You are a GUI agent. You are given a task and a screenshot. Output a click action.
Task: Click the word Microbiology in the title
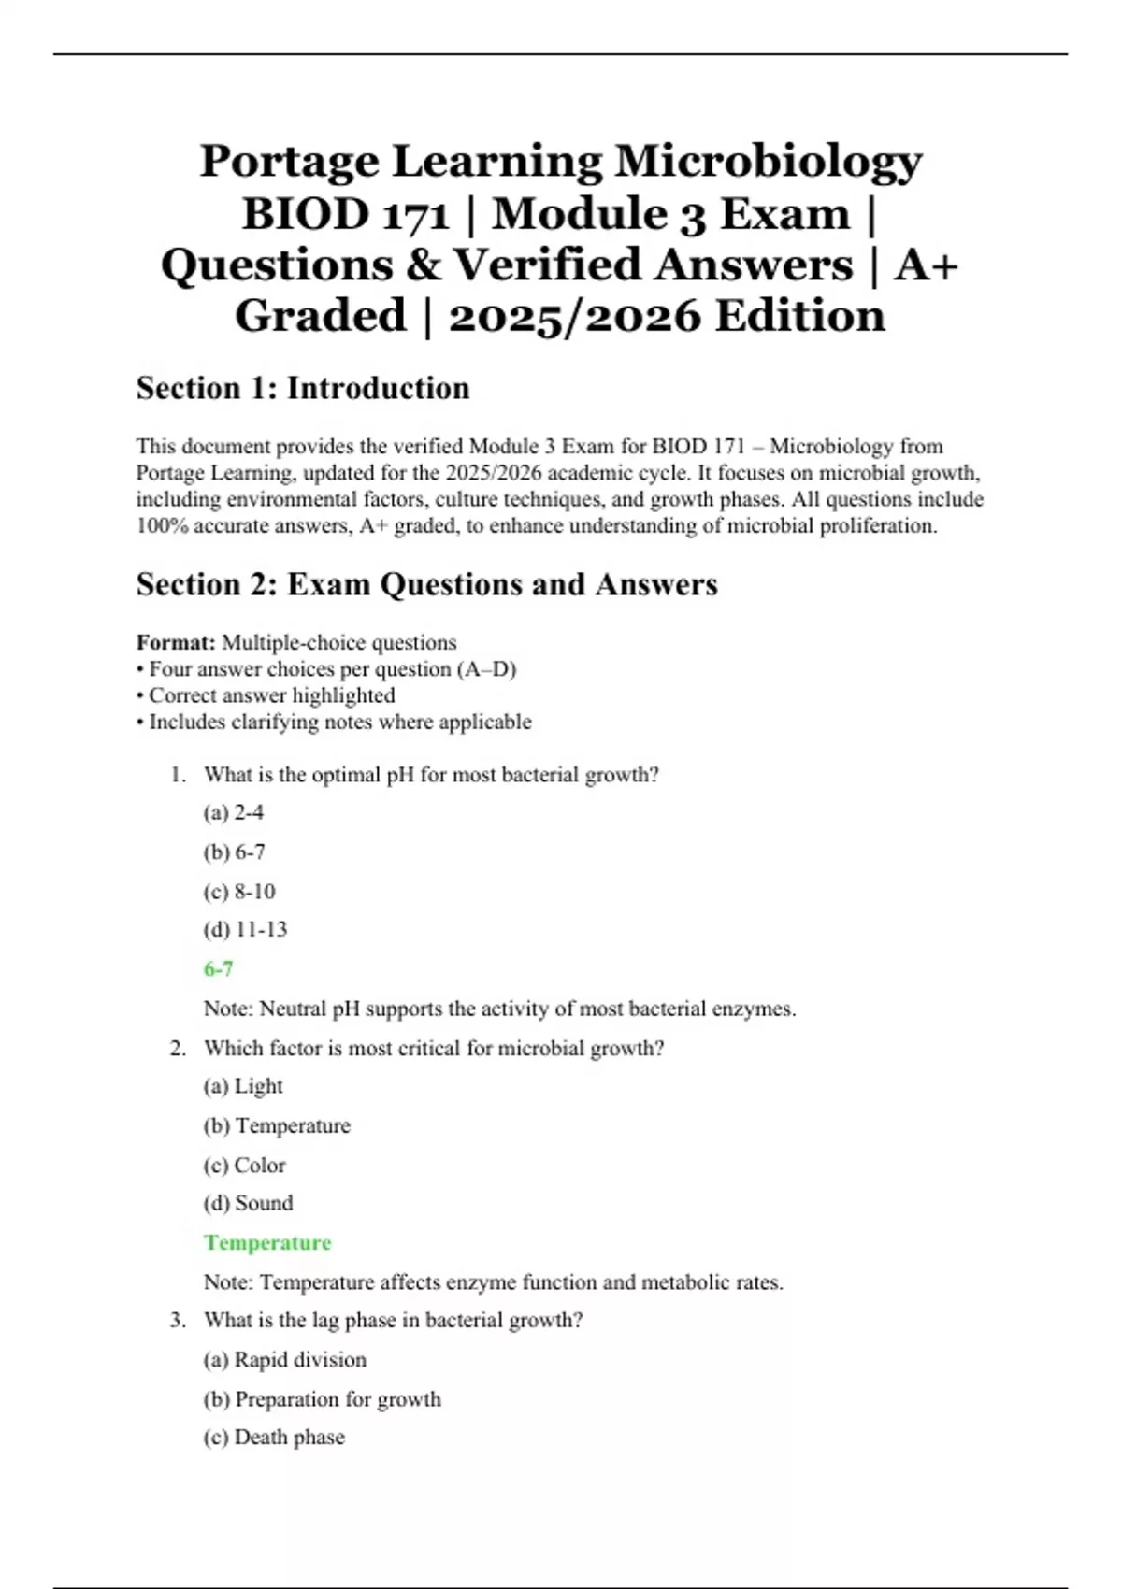[x=768, y=162]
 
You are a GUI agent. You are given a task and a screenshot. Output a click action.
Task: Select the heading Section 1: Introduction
[x=303, y=388]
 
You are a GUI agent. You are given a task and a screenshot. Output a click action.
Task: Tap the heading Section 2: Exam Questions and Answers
[x=426, y=584]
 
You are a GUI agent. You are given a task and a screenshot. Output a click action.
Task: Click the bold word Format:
[x=176, y=642]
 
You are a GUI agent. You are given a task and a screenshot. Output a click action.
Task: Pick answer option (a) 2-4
[x=234, y=812]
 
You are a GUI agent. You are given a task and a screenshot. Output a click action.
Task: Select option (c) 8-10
[x=239, y=891]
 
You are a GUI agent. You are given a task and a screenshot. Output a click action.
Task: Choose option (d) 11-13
[x=245, y=929]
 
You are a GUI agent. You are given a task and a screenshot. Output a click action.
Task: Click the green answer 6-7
[x=219, y=968]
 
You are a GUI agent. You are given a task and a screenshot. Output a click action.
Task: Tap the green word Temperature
[x=267, y=1242]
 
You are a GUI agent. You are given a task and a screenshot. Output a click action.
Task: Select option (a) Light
[x=243, y=1086]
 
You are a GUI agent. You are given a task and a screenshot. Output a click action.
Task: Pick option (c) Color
[x=244, y=1165]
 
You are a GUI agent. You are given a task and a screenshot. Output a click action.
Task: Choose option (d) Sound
[x=248, y=1203]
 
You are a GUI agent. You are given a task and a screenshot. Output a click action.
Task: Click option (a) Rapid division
[x=284, y=1359]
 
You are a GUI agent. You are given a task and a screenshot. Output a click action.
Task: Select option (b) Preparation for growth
[x=322, y=1399]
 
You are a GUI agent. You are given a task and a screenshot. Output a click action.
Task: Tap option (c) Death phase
[x=274, y=1437]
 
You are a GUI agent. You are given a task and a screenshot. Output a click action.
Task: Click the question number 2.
[x=178, y=1048]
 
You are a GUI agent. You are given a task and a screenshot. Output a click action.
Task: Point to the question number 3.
[x=178, y=1320]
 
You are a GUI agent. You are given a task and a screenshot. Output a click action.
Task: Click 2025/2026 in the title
[x=574, y=316]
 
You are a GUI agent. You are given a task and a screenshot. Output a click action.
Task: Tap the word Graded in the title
[x=321, y=316]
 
